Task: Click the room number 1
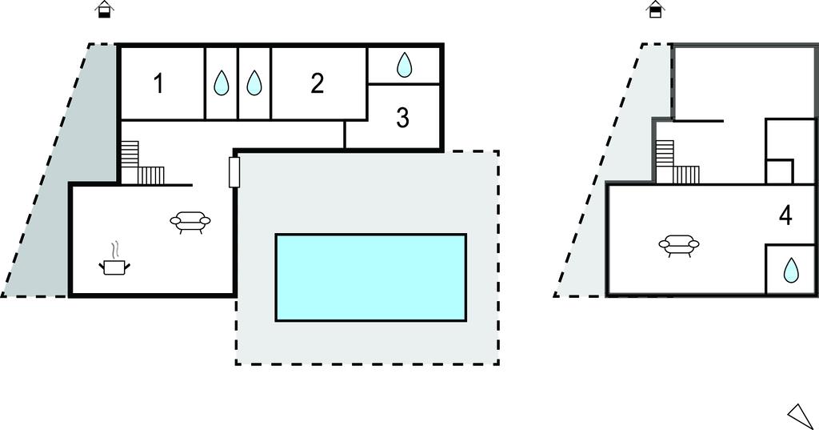click(158, 83)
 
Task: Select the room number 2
click(318, 83)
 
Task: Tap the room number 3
click(403, 118)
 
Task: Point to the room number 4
click(785, 215)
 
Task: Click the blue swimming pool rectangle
click(370, 277)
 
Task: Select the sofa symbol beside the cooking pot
click(190, 222)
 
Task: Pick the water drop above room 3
click(405, 65)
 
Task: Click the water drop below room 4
click(790, 271)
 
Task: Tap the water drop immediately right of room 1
click(222, 83)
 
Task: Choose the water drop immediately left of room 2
click(254, 83)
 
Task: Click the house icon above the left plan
click(104, 10)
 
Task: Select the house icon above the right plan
click(655, 10)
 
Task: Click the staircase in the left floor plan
click(139, 165)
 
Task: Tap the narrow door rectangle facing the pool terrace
click(234, 172)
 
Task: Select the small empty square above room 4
click(779, 171)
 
